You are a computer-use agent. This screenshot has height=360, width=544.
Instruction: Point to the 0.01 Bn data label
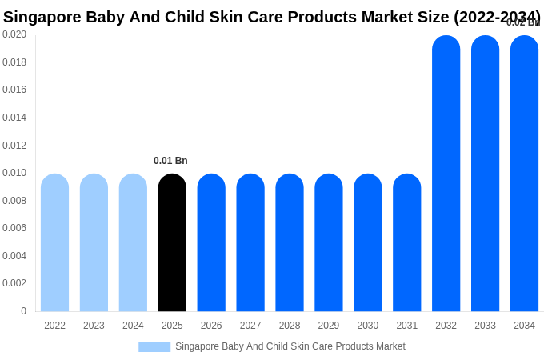click(x=170, y=161)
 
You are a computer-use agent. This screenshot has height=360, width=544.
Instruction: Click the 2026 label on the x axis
click(x=211, y=326)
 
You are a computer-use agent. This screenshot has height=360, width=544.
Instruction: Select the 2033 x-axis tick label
click(x=485, y=326)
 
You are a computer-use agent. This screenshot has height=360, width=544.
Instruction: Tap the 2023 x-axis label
click(x=94, y=326)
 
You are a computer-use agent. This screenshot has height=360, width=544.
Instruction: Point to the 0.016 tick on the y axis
click(x=14, y=90)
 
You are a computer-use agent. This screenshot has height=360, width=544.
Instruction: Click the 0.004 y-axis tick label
click(x=14, y=256)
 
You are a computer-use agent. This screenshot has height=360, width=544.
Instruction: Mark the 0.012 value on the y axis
click(x=14, y=146)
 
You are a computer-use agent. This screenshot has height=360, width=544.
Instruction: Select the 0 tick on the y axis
click(x=23, y=311)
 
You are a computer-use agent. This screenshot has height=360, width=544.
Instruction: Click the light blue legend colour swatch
click(x=154, y=347)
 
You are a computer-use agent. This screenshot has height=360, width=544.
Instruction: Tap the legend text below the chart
click(x=290, y=346)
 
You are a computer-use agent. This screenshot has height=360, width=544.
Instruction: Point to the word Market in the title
click(x=394, y=17)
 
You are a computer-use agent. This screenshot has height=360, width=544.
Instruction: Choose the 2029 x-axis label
click(x=329, y=326)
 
